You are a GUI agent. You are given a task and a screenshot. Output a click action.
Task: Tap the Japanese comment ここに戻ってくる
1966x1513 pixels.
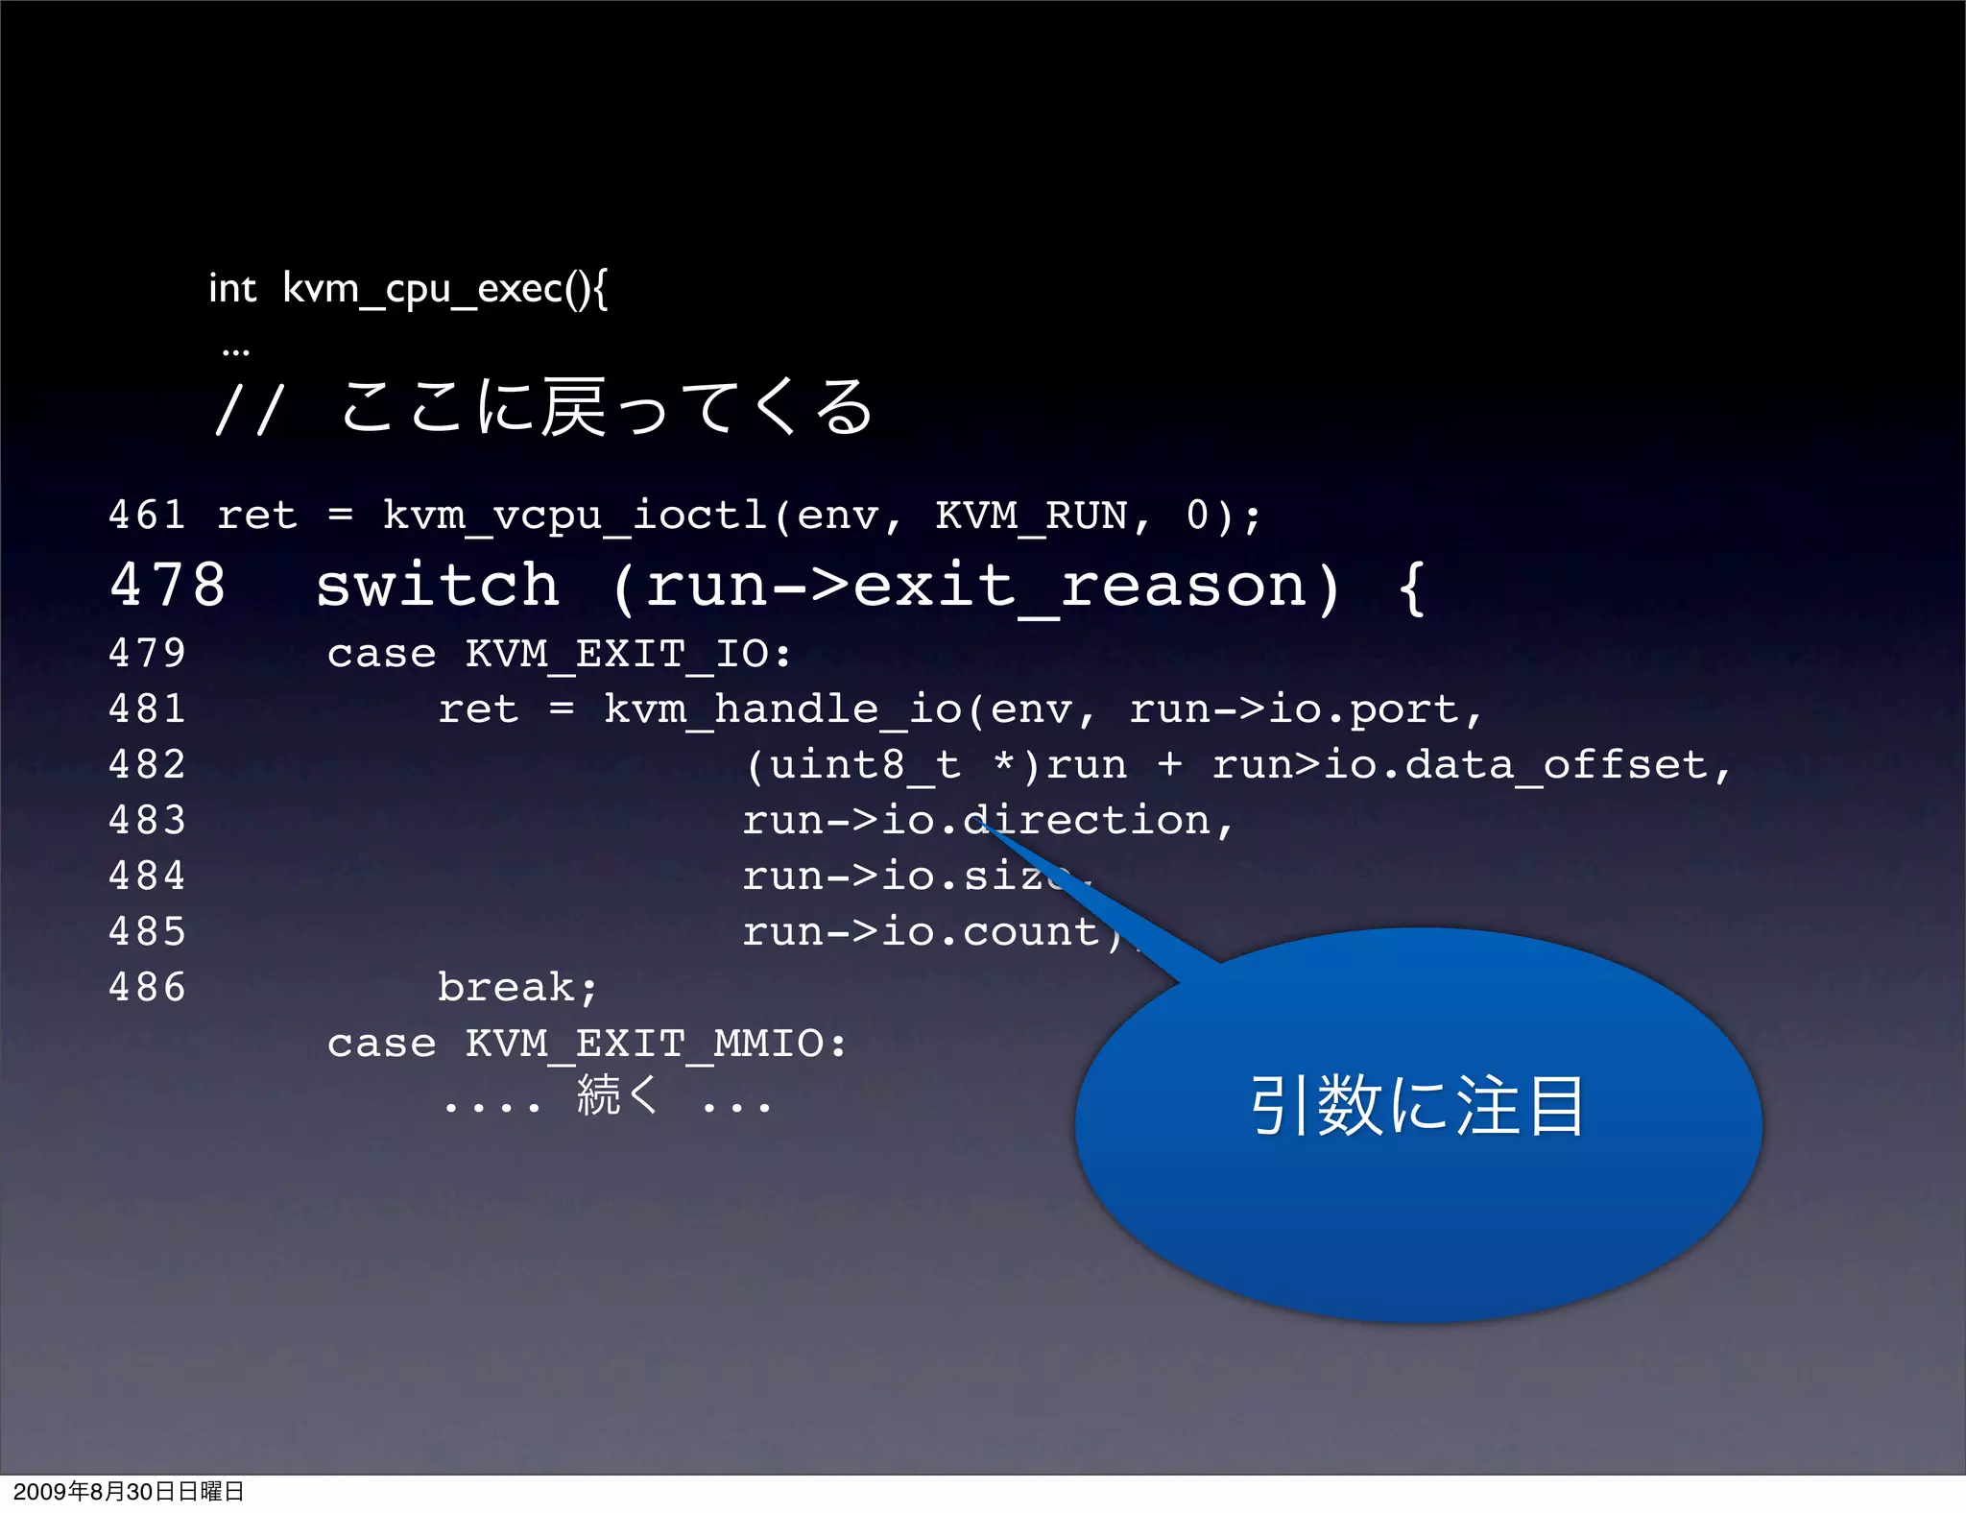607,408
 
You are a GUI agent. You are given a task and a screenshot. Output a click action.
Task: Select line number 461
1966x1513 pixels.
147,516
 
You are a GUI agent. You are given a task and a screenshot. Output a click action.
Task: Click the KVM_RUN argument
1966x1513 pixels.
1031,516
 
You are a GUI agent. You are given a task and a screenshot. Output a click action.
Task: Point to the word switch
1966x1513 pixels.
438,586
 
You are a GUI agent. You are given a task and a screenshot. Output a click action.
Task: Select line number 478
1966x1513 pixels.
168,586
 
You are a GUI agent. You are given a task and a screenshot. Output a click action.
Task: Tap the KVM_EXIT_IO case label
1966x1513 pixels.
629,654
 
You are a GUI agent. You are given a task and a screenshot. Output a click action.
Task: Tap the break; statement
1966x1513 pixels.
517,988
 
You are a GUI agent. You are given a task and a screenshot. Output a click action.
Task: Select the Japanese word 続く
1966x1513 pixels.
617,1095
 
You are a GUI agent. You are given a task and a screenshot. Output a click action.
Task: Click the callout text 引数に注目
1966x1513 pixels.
1417,1106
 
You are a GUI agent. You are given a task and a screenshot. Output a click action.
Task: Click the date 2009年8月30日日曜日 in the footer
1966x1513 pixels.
129,1492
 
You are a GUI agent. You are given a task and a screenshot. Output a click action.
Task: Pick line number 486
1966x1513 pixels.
147,988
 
